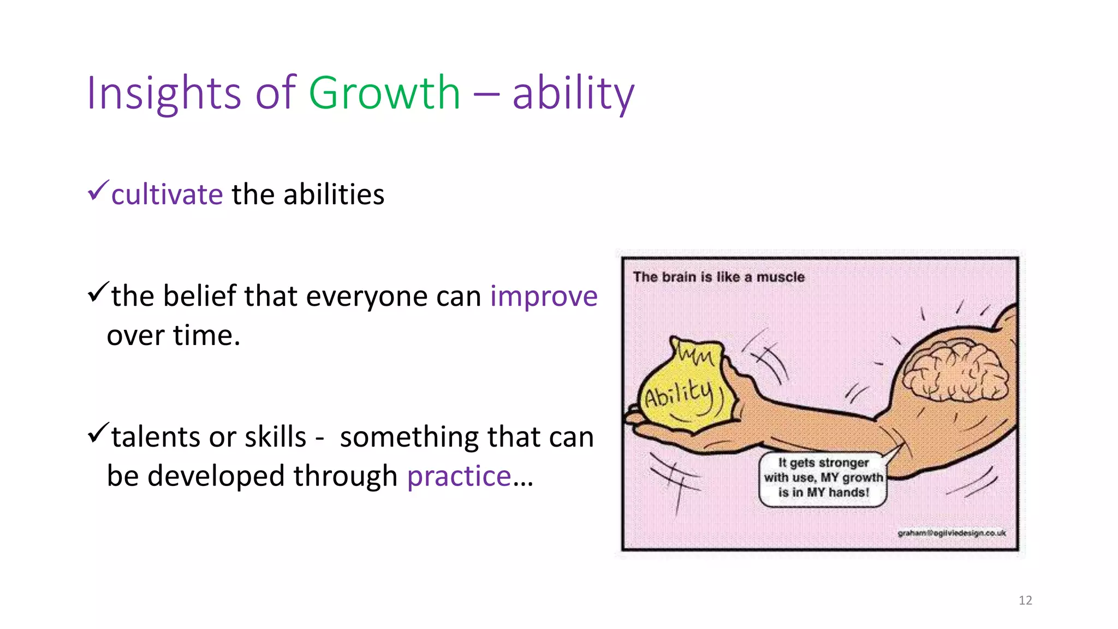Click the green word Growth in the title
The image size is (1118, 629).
click(384, 93)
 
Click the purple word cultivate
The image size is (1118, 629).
click(167, 195)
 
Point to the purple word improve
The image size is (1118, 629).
click(544, 296)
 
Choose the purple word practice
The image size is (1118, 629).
click(459, 476)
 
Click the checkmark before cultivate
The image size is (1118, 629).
click(98, 191)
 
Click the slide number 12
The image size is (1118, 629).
click(1025, 601)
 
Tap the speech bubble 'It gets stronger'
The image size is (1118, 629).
click(823, 478)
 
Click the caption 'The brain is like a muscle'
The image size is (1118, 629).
click(718, 277)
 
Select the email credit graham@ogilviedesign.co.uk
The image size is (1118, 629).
click(952, 533)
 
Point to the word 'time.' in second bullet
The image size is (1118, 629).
click(207, 335)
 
